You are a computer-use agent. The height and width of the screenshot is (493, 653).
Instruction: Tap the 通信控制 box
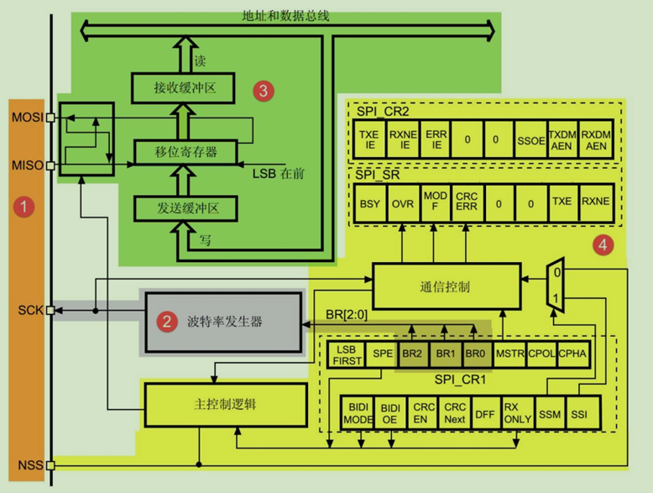tap(441, 286)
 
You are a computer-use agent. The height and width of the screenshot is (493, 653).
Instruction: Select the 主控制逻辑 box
tap(221, 404)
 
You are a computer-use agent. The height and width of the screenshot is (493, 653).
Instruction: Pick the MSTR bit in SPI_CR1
tap(510, 354)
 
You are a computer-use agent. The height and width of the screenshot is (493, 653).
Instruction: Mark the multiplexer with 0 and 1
tap(554, 283)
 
